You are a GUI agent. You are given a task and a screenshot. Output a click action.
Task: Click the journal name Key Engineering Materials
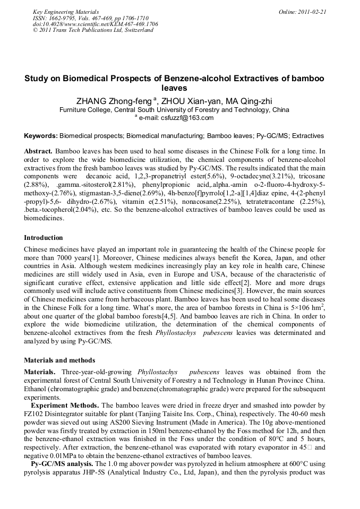point(66,11)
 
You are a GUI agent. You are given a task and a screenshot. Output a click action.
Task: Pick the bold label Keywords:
point(41,136)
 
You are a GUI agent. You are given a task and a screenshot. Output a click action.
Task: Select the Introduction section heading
point(44,237)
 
